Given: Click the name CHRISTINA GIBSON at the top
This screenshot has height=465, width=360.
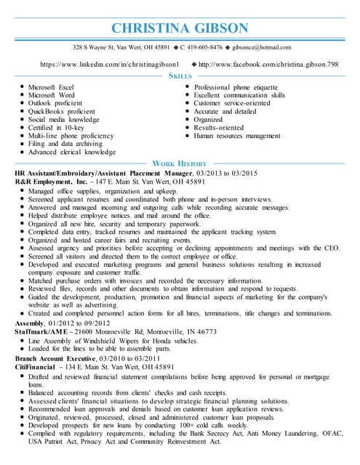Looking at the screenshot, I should [x=180, y=28].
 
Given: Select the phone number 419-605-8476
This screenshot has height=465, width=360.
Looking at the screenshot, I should [x=201, y=47].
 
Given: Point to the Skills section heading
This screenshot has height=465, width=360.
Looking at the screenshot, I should [x=180, y=76].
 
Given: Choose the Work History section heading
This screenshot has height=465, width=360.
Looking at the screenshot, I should [x=180, y=163].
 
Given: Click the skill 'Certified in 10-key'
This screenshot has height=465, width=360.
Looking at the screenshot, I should [x=58, y=127].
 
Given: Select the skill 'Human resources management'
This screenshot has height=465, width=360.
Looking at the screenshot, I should [x=237, y=135].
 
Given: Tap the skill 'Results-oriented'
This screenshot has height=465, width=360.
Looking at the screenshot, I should [x=220, y=127].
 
